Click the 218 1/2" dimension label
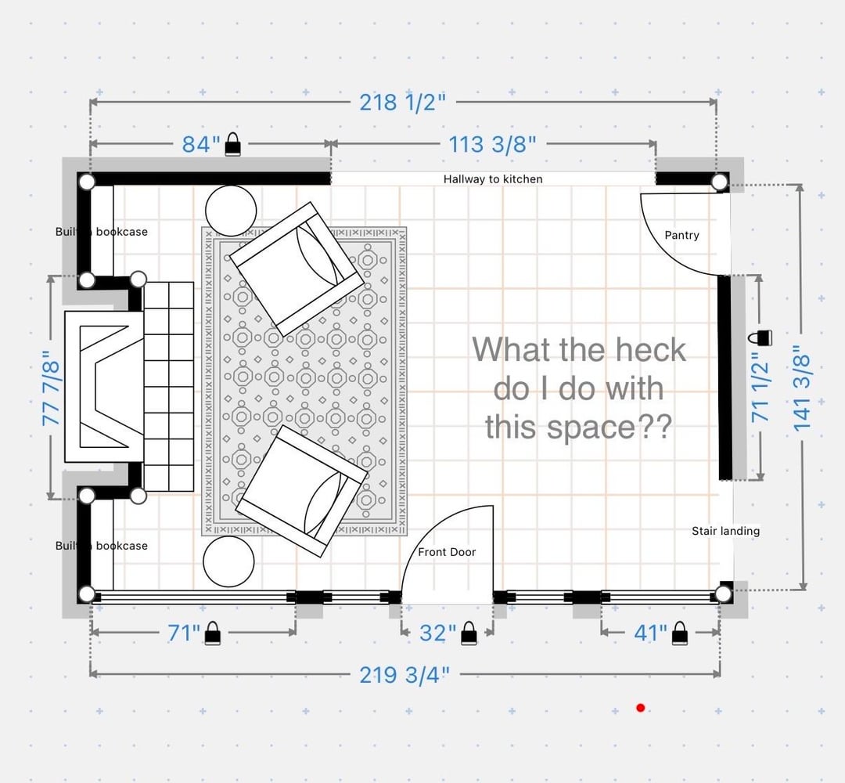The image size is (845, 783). tap(403, 102)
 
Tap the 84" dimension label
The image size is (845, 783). tap(201, 144)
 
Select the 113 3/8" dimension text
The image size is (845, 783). tap(493, 144)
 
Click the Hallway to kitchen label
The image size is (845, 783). tap(493, 179)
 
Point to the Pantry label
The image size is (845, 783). tap(681, 235)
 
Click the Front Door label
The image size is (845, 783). tap(447, 552)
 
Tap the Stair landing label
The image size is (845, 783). tap(725, 531)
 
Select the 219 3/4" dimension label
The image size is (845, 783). tap(405, 675)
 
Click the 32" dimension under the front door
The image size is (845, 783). tap(437, 633)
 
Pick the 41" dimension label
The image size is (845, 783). tap(650, 633)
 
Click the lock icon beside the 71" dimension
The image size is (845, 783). tap(213, 633)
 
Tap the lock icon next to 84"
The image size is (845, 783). tap(232, 144)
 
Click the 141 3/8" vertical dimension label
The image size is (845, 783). tap(802, 388)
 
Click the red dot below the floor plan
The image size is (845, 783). tap(640, 708)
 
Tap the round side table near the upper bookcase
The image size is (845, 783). tap(231, 211)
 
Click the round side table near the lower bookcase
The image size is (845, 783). tap(228, 561)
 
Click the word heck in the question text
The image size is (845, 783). tap(651, 350)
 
